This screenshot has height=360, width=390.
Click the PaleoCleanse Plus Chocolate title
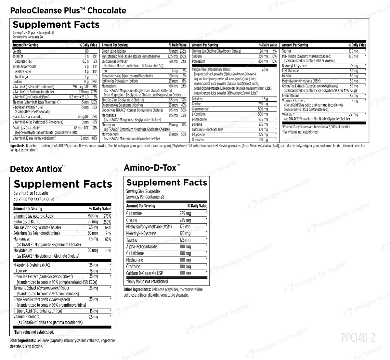tap(68, 10)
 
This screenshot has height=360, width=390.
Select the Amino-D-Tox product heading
tap(151, 168)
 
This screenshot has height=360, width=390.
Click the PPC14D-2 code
tap(358, 338)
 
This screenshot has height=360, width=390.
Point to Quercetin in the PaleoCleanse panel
tap(198, 140)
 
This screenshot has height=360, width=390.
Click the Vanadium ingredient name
tap(289, 114)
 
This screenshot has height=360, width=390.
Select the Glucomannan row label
tap(201, 109)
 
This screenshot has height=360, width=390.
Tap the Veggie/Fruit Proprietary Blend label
tap(211, 69)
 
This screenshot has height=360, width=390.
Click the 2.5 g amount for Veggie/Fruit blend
tap(265, 69)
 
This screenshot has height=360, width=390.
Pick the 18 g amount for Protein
tap(86, 82)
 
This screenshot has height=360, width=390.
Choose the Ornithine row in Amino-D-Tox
tap(133, 266)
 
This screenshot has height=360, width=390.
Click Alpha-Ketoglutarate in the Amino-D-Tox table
tap(141, 247)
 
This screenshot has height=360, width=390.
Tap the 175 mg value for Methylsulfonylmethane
tap(185, 227)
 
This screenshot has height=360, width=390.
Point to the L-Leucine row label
tap(20, 271)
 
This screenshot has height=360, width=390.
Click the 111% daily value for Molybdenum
tap(108, 251)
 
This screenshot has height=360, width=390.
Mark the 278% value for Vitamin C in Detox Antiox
tap(107, 216)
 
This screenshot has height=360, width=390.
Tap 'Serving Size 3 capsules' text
tap(143, 191)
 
